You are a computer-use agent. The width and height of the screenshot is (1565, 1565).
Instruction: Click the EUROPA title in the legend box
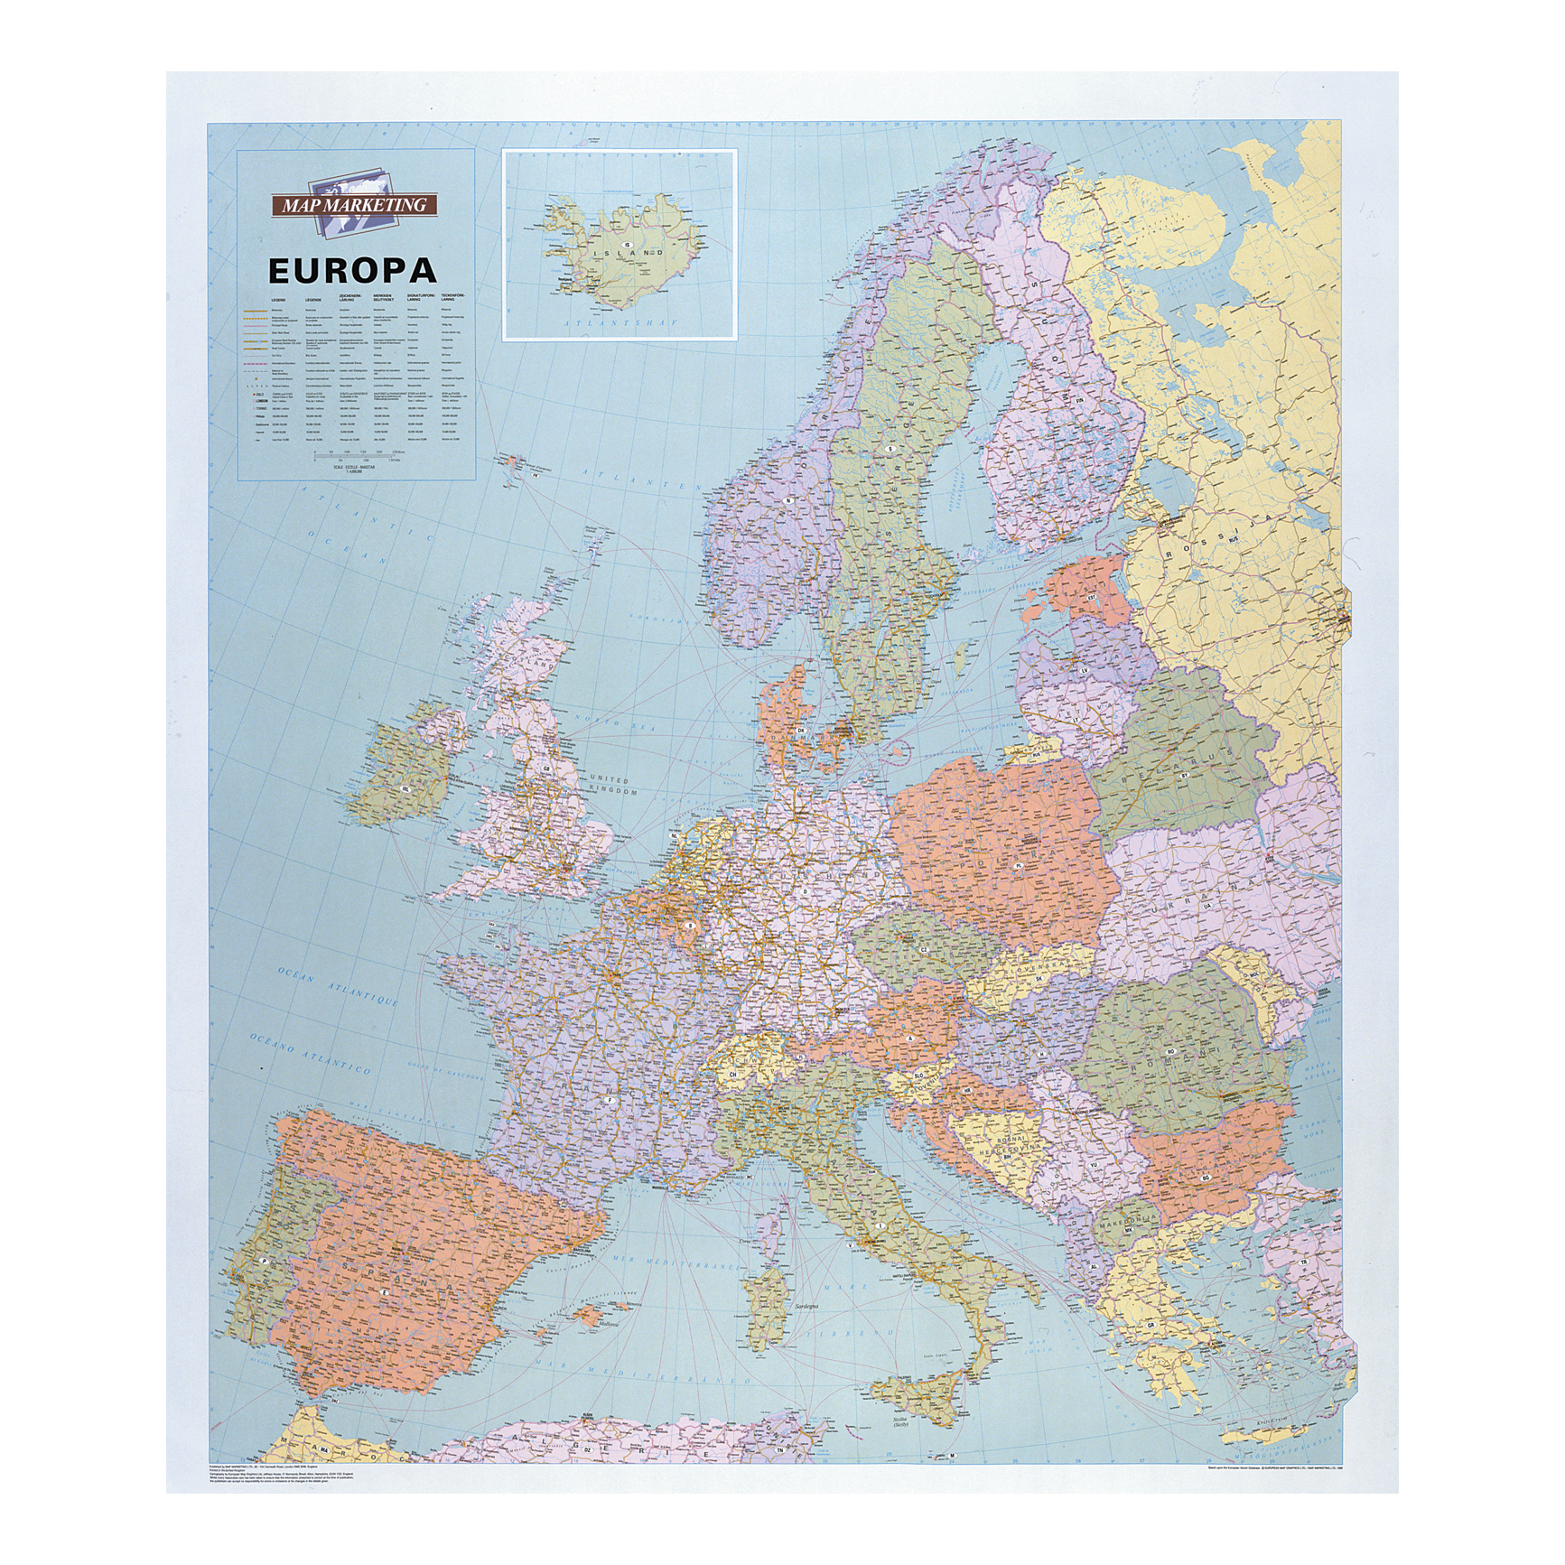coord(352,269)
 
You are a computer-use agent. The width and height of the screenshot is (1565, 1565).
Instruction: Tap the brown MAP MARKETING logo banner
coord(354,206)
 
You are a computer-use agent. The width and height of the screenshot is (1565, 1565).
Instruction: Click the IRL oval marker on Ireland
coord(405,787)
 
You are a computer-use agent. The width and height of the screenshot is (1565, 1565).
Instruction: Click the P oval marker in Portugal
coord(263,1258)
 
